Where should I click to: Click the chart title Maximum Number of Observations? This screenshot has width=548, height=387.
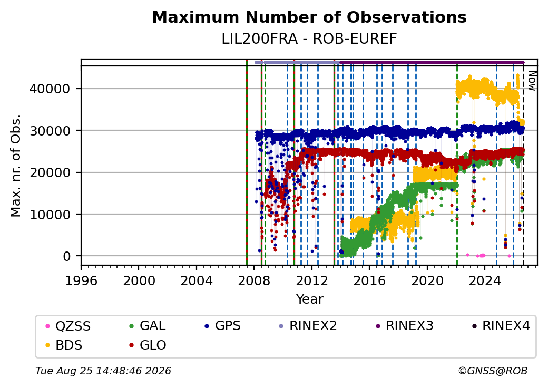click(x=309, y=17)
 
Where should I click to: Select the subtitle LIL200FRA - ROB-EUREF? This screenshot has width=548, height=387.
click(x=309, y=39)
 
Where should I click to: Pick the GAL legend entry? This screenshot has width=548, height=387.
click(x=147, y=326)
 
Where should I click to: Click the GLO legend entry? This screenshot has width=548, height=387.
click(x=148, y=345)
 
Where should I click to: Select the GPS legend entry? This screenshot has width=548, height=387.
click(x=222, y=326)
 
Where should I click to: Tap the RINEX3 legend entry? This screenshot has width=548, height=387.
click(x=404, y=326)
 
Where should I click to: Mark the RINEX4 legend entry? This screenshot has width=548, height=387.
click(x=501, y=326)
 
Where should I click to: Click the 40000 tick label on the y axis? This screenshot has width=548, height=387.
click(x=50, y=89)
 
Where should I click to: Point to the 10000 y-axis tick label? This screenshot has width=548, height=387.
click(x=50, y=214)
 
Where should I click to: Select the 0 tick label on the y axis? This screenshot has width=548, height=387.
click(x=67, y=256)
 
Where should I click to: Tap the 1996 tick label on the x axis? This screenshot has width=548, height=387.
click(x=81, y=280)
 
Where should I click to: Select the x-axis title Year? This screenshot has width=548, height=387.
click(x=309, y=299)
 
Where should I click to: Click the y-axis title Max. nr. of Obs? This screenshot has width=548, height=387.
click(x=15, y=166)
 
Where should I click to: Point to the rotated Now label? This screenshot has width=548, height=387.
click(x=532, y=81)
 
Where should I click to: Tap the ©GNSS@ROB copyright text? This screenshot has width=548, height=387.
click(x=493, y=371)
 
